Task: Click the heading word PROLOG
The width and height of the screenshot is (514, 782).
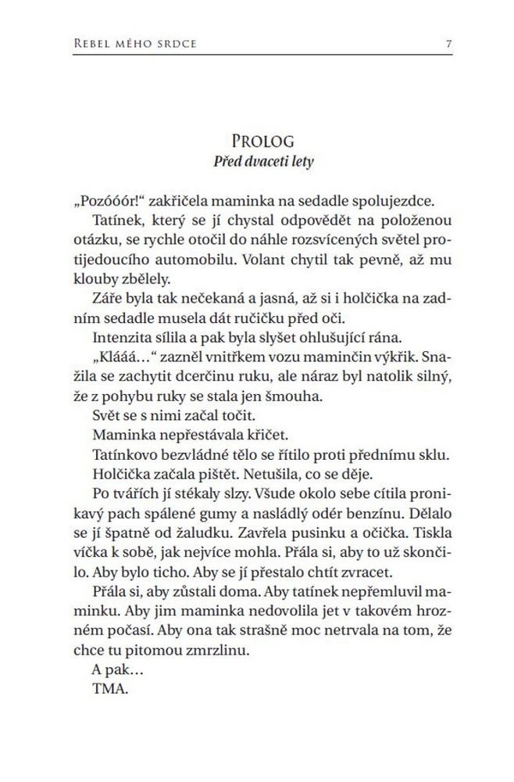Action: pos(262,142)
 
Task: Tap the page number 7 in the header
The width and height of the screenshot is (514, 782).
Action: pos(448,43)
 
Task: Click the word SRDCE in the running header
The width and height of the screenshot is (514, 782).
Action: pos(176,43)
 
